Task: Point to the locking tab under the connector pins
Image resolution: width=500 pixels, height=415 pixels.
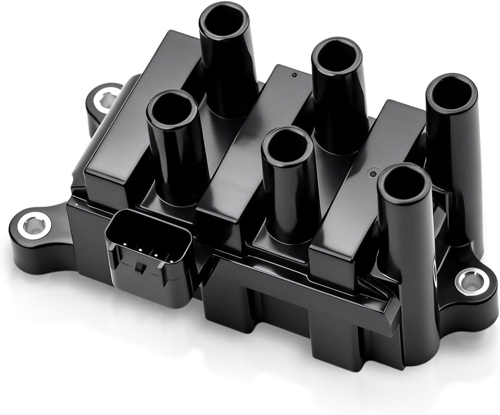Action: click(139, 268)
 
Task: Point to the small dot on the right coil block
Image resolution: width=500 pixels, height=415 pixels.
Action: click(374, 174)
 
